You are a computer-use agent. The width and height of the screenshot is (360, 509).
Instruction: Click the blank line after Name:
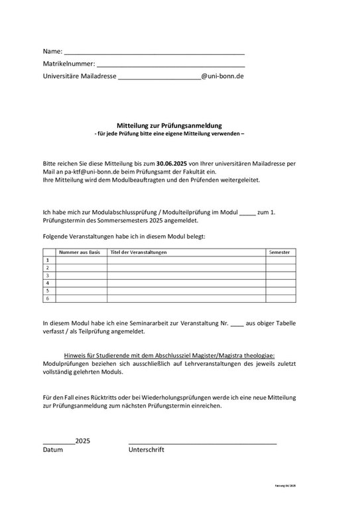point(154,52)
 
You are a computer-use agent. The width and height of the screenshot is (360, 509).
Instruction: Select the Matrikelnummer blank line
point(170,64)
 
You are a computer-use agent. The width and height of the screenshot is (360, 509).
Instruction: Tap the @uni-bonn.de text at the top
point(223,76)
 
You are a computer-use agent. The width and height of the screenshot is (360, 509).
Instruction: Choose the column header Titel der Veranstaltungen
point(139,253)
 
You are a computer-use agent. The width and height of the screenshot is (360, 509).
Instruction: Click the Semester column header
point(278,253)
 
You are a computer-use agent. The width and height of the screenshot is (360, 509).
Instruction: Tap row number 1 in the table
point(48,260)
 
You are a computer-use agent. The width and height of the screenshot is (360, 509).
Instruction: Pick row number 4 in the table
point(48,283)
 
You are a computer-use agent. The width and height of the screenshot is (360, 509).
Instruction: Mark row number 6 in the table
point(48,298)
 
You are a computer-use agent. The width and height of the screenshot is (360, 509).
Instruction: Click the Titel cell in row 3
point(186,275)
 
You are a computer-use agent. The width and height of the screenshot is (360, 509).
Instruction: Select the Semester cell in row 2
point(280,268)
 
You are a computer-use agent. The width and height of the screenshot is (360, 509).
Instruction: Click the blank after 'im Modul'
point(247,213)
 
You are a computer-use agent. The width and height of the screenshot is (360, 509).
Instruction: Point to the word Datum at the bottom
point(52,449)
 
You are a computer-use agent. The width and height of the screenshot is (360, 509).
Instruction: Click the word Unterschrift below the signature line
point(147,449)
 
